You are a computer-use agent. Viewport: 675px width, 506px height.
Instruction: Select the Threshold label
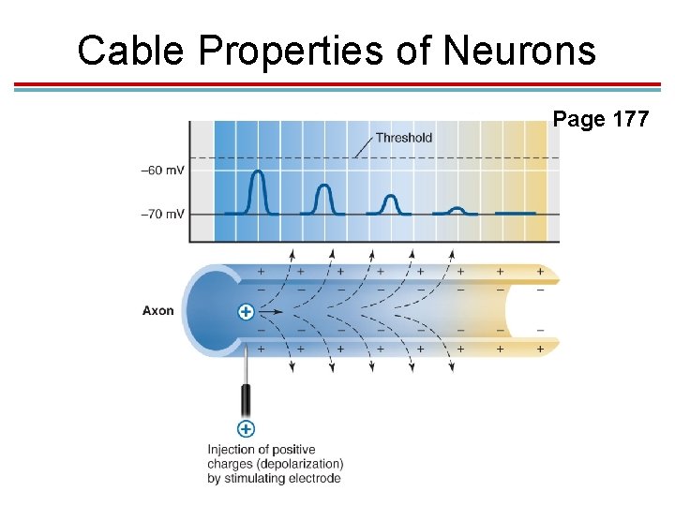[x=403, y=138]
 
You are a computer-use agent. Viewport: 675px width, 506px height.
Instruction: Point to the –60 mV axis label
[x=161, y=171]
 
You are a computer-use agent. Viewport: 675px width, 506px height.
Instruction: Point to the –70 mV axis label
[x=161, y=214]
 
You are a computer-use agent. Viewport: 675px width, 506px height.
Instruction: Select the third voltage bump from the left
[x=390, y=203]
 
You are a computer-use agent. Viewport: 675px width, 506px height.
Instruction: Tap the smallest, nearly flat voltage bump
[x=456, y=210]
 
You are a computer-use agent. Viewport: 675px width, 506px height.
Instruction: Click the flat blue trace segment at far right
[x=515, y=213]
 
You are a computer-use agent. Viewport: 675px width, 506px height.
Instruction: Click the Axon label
[x=157, y=310]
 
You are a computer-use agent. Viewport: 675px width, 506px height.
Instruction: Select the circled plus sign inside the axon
[x=246, y=311]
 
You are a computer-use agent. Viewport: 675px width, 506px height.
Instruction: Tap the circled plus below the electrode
[x=246, y=428]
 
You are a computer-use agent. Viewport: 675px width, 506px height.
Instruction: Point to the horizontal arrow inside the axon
[x=271, y=311]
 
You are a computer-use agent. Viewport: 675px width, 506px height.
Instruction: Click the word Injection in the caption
[x=233, y=450]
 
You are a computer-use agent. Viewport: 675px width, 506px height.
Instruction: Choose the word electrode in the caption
[x=315, y=478]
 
